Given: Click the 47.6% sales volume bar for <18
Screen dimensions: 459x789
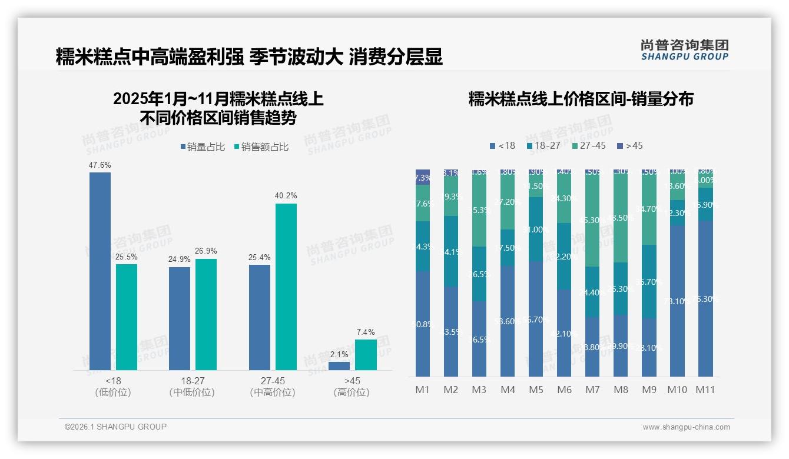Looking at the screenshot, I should pos(100,271).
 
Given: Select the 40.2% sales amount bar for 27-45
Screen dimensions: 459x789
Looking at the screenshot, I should pos(286,287).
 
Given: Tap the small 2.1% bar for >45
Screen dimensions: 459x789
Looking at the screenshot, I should pos(339,365).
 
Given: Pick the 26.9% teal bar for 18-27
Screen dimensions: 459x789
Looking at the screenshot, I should pos(206,314).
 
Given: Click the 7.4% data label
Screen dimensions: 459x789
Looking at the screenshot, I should pos(366,332).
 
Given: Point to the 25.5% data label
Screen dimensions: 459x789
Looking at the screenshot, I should pos(127,257).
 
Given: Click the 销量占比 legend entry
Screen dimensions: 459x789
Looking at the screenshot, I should pos(203,147).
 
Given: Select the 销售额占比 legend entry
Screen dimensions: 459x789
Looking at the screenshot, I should pos(261,147).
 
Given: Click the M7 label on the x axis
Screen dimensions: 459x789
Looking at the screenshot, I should pos(592,390).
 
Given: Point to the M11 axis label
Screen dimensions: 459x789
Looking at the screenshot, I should pos(705,390).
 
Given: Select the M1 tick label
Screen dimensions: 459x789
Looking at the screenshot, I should pos(423,390).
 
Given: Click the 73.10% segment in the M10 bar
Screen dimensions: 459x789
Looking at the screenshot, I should pos(677,301).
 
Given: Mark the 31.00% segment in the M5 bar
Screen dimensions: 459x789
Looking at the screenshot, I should pos(536,229).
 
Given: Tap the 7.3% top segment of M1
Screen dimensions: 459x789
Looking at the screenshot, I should pos(423,177).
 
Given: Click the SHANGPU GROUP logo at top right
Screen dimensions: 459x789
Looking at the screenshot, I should pos(684,50).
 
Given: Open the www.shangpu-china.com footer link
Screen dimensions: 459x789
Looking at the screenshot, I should pos(686,427).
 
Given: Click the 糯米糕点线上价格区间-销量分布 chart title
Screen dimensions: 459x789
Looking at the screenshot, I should pos(581,99).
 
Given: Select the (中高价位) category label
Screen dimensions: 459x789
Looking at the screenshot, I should pos(273,393).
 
